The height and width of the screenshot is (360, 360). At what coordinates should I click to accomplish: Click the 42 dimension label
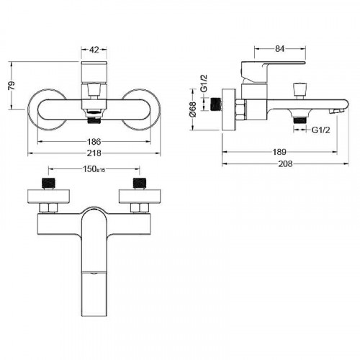(x=94, y=50)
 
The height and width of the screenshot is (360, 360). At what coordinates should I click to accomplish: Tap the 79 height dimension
(x=12, y=86)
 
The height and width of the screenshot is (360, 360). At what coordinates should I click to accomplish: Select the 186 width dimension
(x=94, y=142)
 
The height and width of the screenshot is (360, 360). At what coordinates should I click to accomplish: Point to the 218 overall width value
(x=94, y=153)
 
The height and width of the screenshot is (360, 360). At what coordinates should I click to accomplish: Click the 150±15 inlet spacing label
(x=94, y=169)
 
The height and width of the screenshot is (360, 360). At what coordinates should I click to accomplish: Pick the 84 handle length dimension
(x=280, y=49)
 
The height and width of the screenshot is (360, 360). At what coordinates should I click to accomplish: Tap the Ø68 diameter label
(x=193, y=109)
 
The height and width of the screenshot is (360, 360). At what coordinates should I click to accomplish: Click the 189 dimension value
(x=279, y=152)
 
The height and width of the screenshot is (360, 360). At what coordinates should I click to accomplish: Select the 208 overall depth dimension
(x=285, y=164)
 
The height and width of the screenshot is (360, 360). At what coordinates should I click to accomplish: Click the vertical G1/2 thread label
(x=204, y=84)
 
